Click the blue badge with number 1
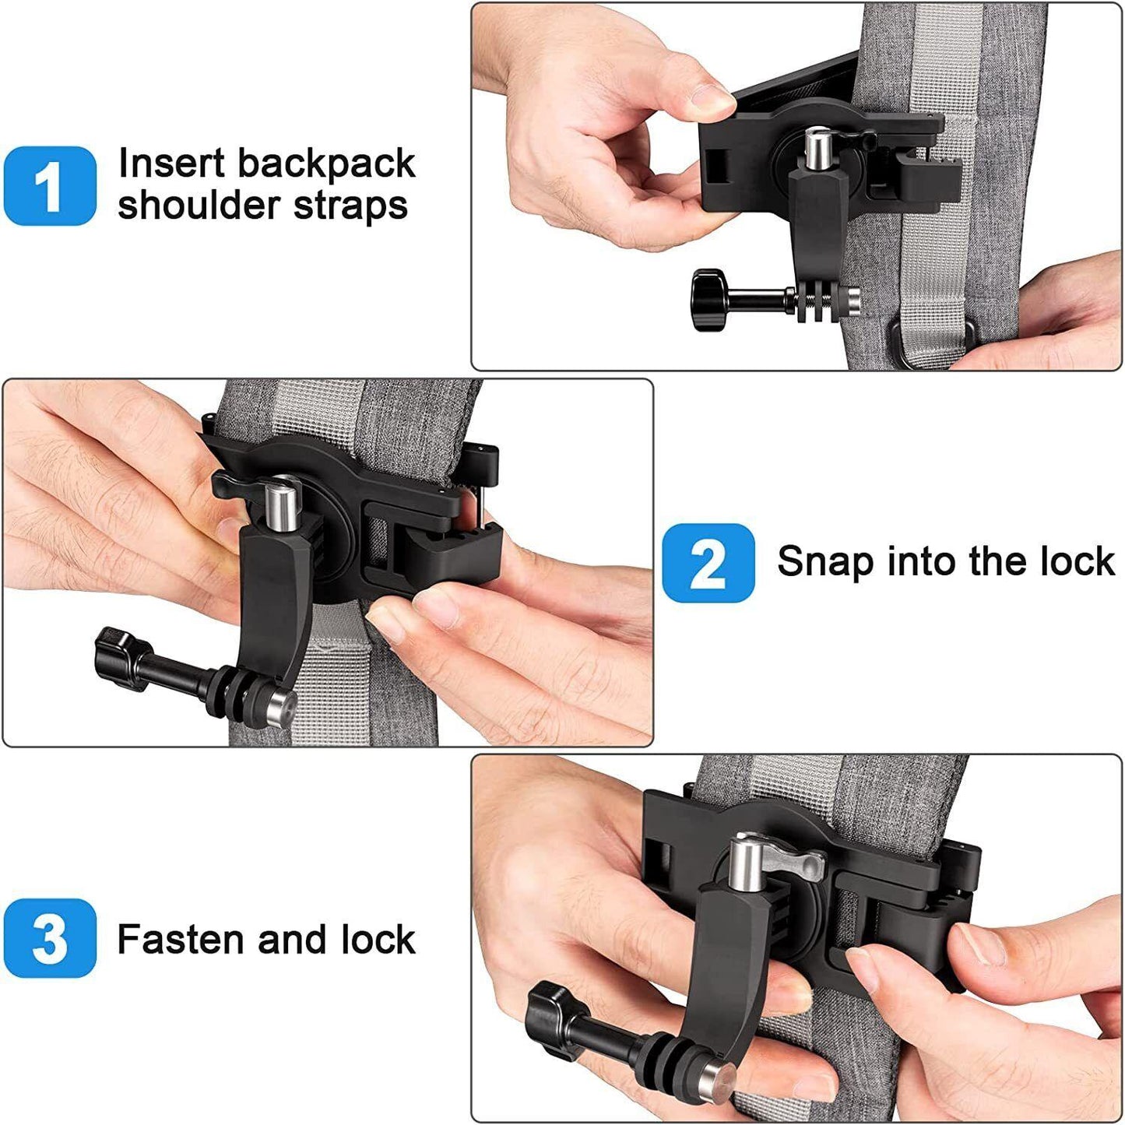(x=50, y=185)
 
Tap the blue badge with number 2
(x=708, y=563)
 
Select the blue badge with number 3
(x=50, y=938)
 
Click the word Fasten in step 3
(x=181, y=939)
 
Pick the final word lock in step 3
(x=378, y=939)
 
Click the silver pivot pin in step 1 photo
(x=820, y=149)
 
